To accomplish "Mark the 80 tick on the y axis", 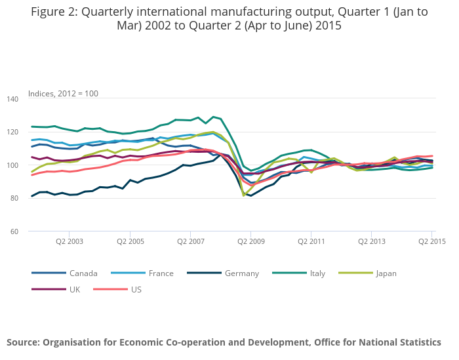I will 14,198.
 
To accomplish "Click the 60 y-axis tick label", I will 14,231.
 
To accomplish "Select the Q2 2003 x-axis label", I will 69,241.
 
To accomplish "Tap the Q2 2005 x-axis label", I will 130,241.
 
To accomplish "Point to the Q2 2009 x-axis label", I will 251,241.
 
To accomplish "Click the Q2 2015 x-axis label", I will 432,241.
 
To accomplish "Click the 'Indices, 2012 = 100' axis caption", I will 63,94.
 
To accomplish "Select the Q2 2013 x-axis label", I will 372,241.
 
